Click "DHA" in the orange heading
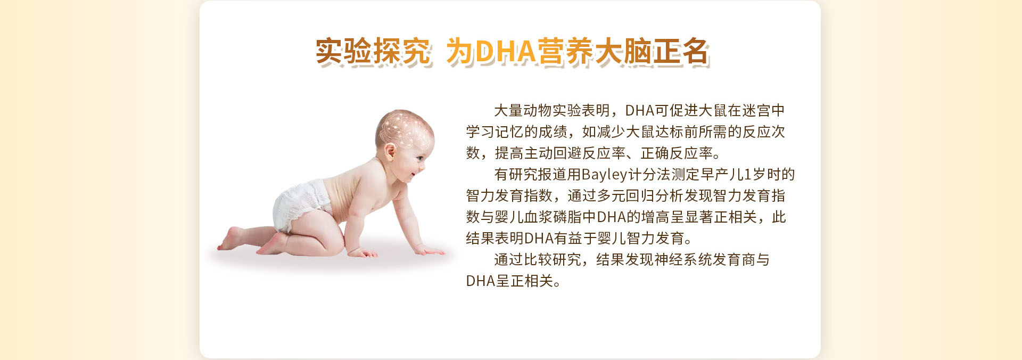click(506, 52)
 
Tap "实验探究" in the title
click(373, 52)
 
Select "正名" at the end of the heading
click(681, 52)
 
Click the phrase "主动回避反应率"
click(575, 153)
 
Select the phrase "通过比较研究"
click(538, 259)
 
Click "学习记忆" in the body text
click(494, 132)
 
